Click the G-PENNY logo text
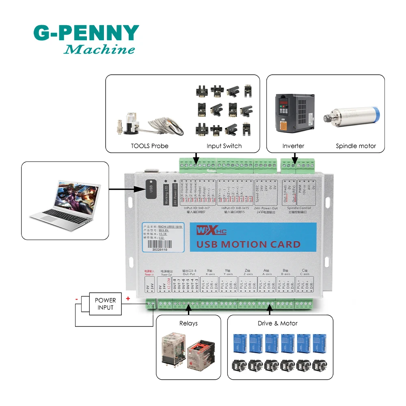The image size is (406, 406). coord(86,33)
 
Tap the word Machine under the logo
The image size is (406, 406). coord(99,50)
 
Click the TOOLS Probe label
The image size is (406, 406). coord(149,146)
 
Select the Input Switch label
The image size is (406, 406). coord(224,146)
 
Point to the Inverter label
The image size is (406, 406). coord(293,146)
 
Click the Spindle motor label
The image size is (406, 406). coord(356,146)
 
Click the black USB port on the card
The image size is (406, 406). coord(151,189)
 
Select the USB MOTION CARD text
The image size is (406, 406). coord(248,244)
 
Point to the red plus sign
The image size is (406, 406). coord(128,299)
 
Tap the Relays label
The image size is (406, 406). coord(188,323)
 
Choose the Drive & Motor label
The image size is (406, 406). coord(278,323)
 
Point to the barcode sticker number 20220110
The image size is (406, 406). coord(159,251)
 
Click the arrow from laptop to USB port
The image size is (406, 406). coord(126,189)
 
